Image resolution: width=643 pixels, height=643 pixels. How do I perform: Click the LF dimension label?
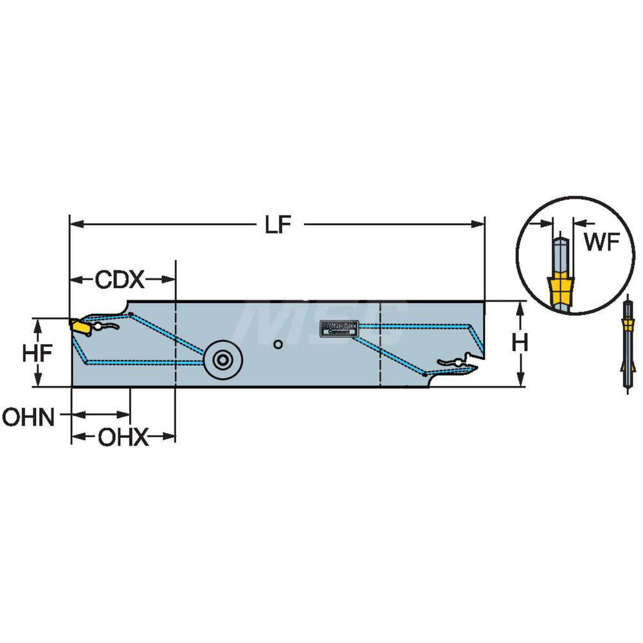[x=278, y=225]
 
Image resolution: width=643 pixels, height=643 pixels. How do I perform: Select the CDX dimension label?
[x=120, y=280]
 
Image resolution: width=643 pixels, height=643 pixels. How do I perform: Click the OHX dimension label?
[x=122, y=439]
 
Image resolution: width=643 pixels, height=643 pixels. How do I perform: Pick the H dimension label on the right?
[x=520, y=344]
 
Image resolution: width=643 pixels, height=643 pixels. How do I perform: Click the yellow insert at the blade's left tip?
[x=81, y=327]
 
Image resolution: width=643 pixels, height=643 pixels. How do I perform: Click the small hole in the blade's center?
[x=277, y=345]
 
